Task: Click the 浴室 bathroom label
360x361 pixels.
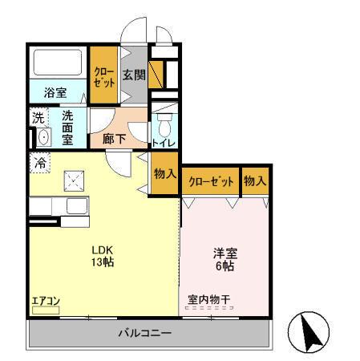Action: point(55,92)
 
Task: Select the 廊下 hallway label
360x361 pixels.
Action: point(114,138)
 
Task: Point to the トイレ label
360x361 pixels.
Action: point(164,144)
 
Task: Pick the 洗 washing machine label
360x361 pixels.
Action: point(39,118)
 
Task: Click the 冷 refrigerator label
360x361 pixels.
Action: point(39,163)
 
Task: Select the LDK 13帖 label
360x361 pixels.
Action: point(101,255)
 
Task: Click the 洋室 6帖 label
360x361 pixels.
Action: point(224,260)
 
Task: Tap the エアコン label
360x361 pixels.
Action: point(46,302)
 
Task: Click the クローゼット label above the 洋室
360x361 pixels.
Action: point(211,182)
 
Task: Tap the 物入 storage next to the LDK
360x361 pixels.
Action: point(164,175)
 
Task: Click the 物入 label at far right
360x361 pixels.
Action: point(254,182)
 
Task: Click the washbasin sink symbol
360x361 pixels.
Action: point(42,136)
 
